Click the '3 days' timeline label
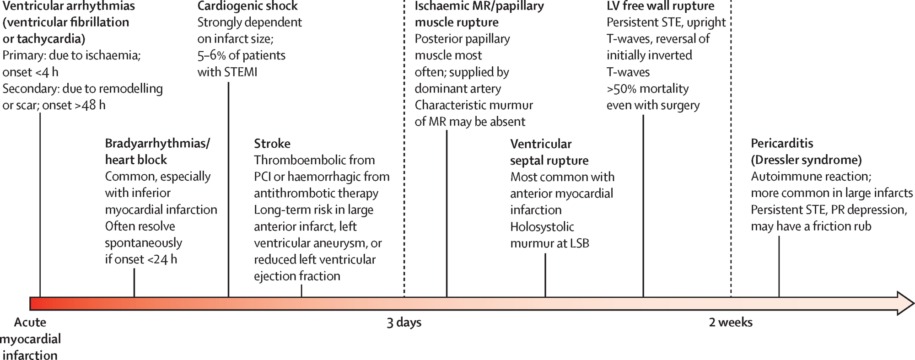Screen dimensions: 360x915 coord(404,322)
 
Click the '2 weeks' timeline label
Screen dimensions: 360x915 coord(731,322)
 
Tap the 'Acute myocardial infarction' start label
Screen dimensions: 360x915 coord(30,339)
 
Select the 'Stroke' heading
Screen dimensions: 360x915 coord(272,144)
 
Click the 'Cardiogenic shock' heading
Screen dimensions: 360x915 coord(248,6)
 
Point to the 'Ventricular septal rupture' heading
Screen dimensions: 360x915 coord(549,152)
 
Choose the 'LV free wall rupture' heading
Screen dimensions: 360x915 coord(660,6)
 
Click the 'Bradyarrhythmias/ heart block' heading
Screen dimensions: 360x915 coord(157,151)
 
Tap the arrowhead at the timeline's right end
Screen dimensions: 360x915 coord(905,303)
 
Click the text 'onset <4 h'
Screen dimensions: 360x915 coord(31,72)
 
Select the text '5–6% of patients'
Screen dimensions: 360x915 coord(241,55)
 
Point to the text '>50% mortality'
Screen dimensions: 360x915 coord(647,88)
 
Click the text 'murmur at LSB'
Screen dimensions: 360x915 coord(549,243)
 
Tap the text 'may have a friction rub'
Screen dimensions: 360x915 coord(811,226)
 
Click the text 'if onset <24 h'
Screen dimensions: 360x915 coord(141,259)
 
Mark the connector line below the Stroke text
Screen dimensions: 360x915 coord(301,290)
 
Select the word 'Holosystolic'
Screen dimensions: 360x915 coord(542,226)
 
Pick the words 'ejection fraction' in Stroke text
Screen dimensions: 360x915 coord(297,276)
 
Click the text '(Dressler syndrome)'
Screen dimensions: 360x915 coord(806,160)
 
